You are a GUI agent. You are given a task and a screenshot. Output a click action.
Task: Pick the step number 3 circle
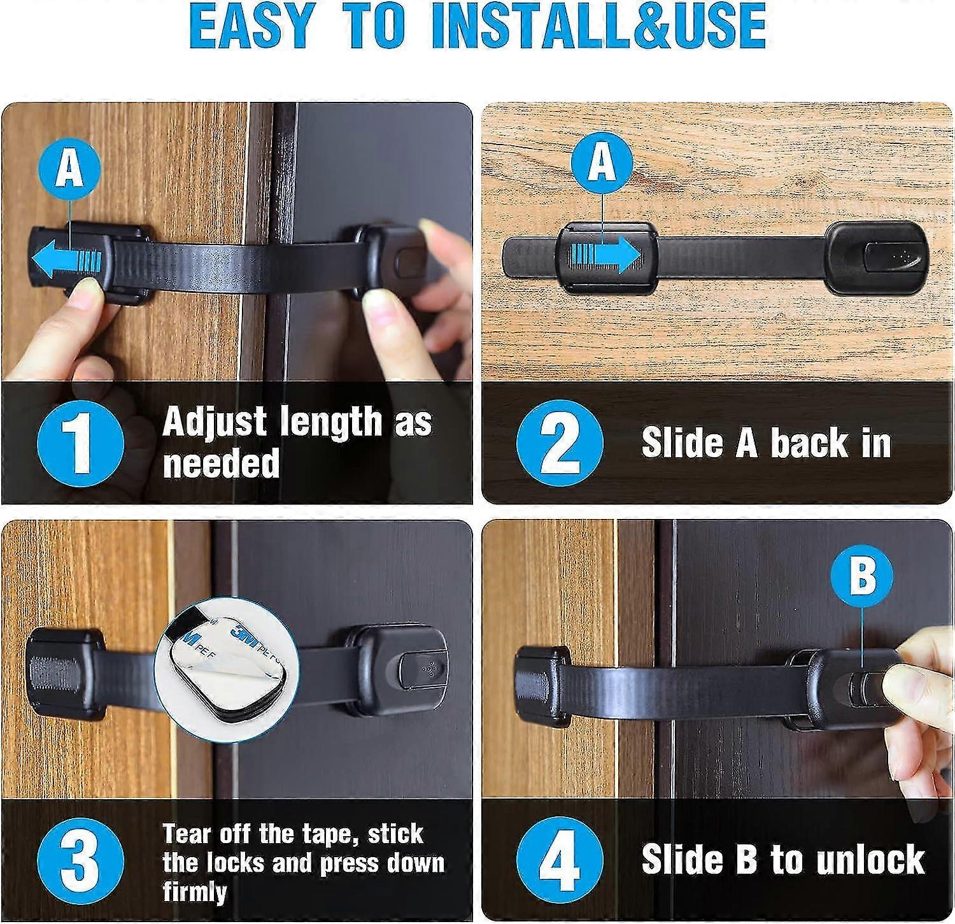pos(80,860)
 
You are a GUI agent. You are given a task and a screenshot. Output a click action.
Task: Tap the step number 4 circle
pos(559,860)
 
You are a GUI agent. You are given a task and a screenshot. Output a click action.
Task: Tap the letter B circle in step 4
pos(863,577)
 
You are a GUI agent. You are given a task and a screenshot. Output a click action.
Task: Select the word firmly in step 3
pos(194,892)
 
